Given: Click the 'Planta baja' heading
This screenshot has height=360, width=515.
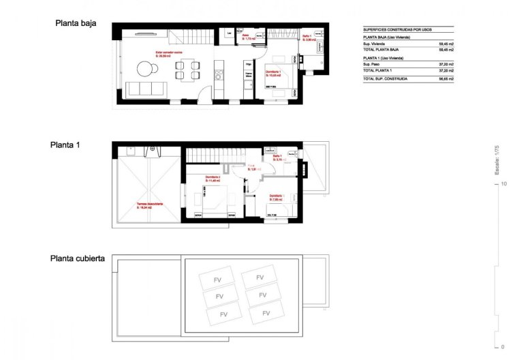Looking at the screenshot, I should click(76, 23).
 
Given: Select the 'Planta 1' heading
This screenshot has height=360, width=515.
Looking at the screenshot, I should click(65, 145).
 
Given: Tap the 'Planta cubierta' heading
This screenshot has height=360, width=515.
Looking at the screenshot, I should click(77, 259).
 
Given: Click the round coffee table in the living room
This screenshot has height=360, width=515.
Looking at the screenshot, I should click(144, 68).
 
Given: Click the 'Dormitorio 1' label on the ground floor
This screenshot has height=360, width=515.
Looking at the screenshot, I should click(275, 76).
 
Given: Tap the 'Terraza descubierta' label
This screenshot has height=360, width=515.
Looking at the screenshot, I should click(148, 205).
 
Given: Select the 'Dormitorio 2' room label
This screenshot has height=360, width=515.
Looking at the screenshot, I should click(213, 179).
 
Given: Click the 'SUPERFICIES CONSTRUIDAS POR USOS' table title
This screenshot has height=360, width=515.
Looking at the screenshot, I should click(397, 29).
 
